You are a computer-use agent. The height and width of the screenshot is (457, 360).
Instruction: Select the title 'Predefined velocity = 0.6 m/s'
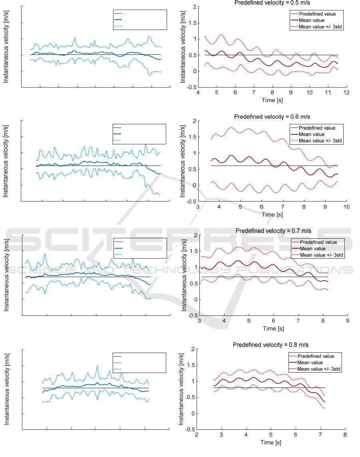click(x=272, y=117)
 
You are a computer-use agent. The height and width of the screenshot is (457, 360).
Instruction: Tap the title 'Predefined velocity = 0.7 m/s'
click(x=273, y=231)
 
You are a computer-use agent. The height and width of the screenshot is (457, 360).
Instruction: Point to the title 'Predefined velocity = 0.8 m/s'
click(x=271, y=345)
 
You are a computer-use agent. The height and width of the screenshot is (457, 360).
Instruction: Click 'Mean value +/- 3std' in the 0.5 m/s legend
click(x=318, y=26)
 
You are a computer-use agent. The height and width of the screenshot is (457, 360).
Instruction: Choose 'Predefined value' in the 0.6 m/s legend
click(x=317, y=128)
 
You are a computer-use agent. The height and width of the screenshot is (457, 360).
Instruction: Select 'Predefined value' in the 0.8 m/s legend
click(x=316, y=356)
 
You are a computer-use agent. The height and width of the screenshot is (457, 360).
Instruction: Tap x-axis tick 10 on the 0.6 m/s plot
click(x=346, y=207)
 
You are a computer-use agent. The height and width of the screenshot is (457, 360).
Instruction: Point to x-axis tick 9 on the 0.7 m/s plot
click(x=347, y=321)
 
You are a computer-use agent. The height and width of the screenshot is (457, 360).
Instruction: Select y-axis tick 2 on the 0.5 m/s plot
click(x=193, y=7)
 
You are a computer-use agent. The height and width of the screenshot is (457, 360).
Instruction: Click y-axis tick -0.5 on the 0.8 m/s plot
click(x=191, y=430)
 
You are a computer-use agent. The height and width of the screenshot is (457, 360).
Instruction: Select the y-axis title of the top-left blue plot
click(x=6, y=46)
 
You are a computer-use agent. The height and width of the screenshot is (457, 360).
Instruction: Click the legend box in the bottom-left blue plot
click(x=139, y=363)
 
